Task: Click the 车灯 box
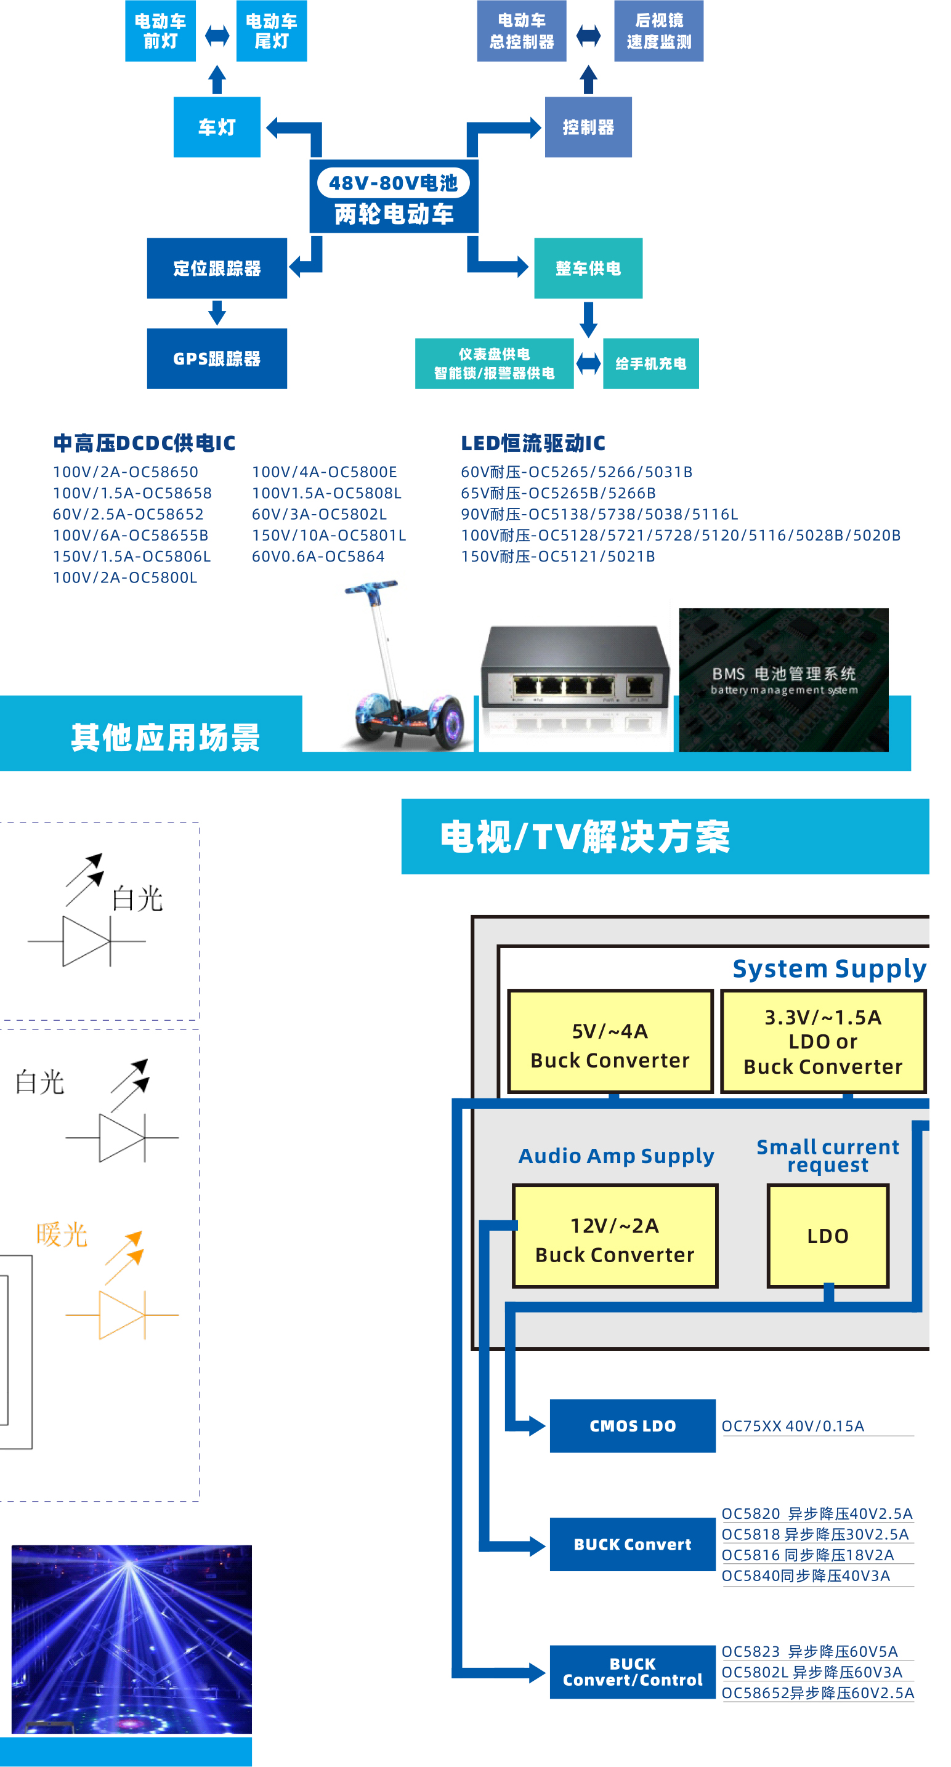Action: coord(217,127)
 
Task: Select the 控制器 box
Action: coord(588,127)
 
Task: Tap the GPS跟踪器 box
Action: coord(217,358)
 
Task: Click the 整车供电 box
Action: coord(588,268)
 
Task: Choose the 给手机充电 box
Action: coord(650,363)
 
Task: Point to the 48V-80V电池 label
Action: coord(393,183)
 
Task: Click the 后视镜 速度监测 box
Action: coord(658,31)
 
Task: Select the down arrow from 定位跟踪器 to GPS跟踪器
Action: coord(217,313)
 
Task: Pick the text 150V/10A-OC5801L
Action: coord(329,535)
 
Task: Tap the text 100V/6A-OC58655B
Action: coord(131,535)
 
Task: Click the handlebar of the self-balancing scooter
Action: coord(371,588)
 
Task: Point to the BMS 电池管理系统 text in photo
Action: coord(783,674)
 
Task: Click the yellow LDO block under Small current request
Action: coord(827,1236)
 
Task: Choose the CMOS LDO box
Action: coord(632,1425)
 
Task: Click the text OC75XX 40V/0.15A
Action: coord(793,1425)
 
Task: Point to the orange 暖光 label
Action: coord(62,1234)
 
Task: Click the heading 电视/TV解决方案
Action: coord(585,837)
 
